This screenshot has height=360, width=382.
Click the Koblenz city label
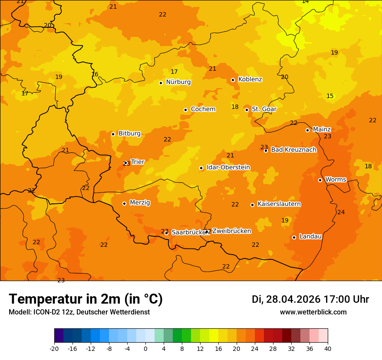(250, 79)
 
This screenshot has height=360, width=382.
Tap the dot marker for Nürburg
(161, 83)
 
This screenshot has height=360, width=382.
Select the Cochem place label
(203, 109)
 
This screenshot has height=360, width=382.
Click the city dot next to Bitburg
(113, 134)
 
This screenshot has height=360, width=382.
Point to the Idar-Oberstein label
(228, 167)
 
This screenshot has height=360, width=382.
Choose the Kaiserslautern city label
(279, 204)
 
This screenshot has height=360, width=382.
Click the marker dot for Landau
(294, 237)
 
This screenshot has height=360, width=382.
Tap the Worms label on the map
(335, 180)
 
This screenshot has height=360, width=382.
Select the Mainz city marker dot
(307, 130)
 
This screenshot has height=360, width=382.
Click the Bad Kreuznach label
(293, 150)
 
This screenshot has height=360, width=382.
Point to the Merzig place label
(140, 203)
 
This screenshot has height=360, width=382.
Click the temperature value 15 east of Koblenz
(330, 96)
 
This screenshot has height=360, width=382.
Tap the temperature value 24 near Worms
(341, 212)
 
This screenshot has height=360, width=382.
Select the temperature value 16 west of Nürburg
(95, 75)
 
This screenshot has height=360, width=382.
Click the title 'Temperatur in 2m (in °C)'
(86, 299)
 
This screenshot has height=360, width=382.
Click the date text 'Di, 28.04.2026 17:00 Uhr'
(310, 299)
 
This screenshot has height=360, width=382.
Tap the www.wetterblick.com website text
(313, 312)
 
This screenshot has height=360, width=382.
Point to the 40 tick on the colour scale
(328, 348)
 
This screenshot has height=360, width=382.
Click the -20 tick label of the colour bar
(54, 348)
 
